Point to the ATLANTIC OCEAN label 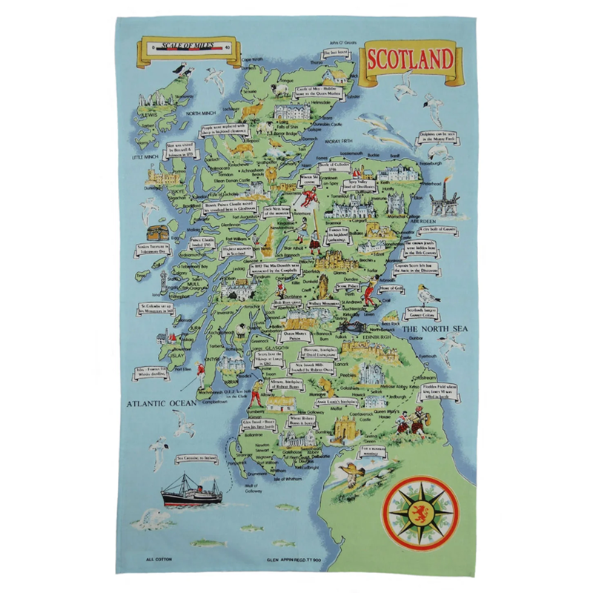pyautogui.click(x=159, y=404)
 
